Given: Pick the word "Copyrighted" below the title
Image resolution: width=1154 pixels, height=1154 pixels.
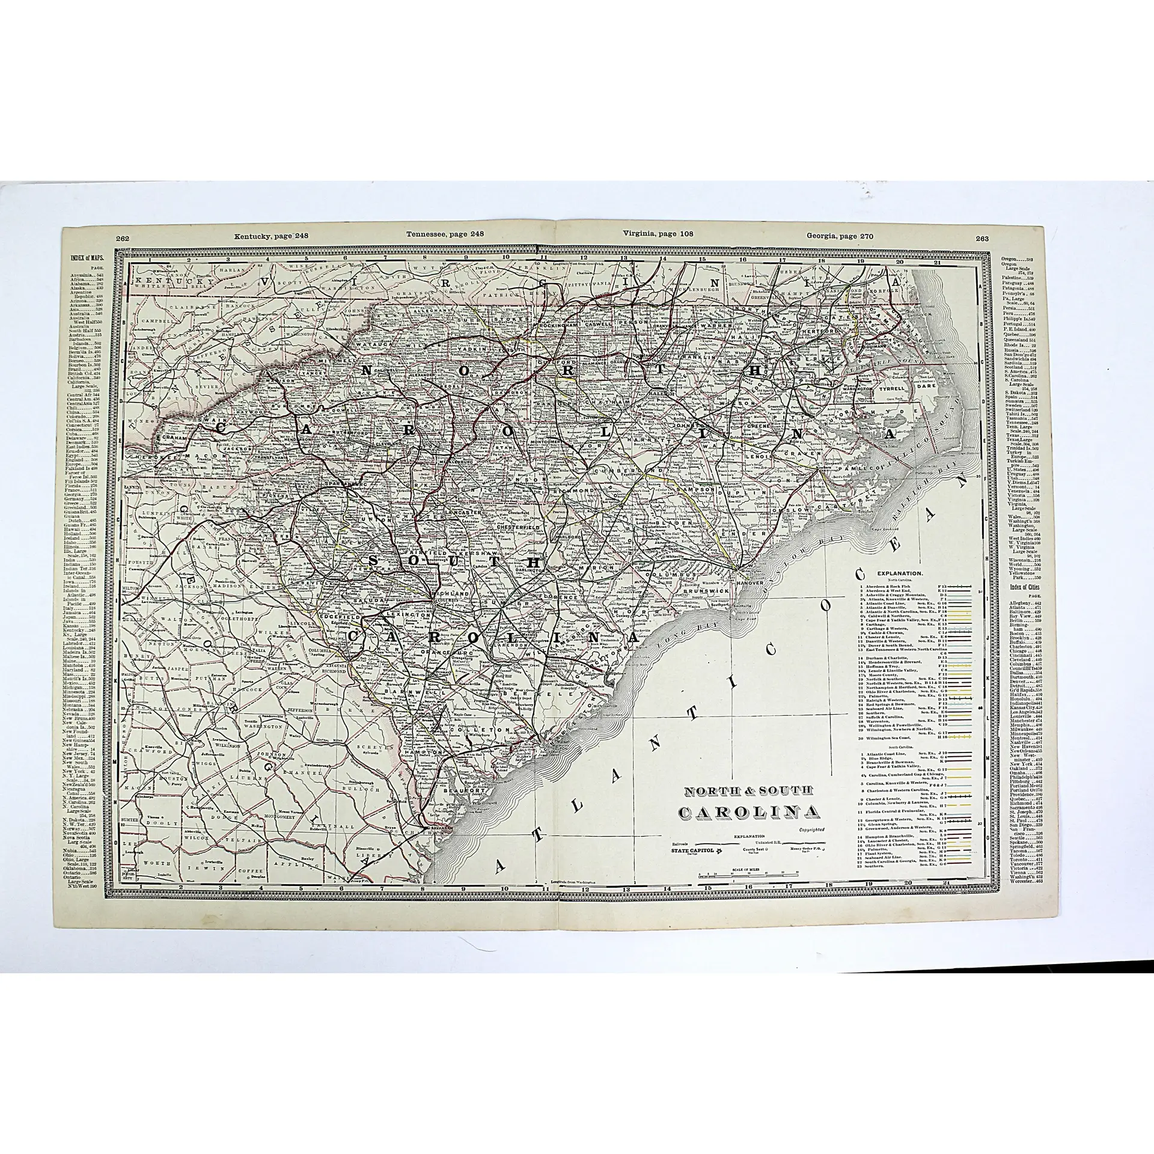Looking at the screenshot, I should coord(810,829).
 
